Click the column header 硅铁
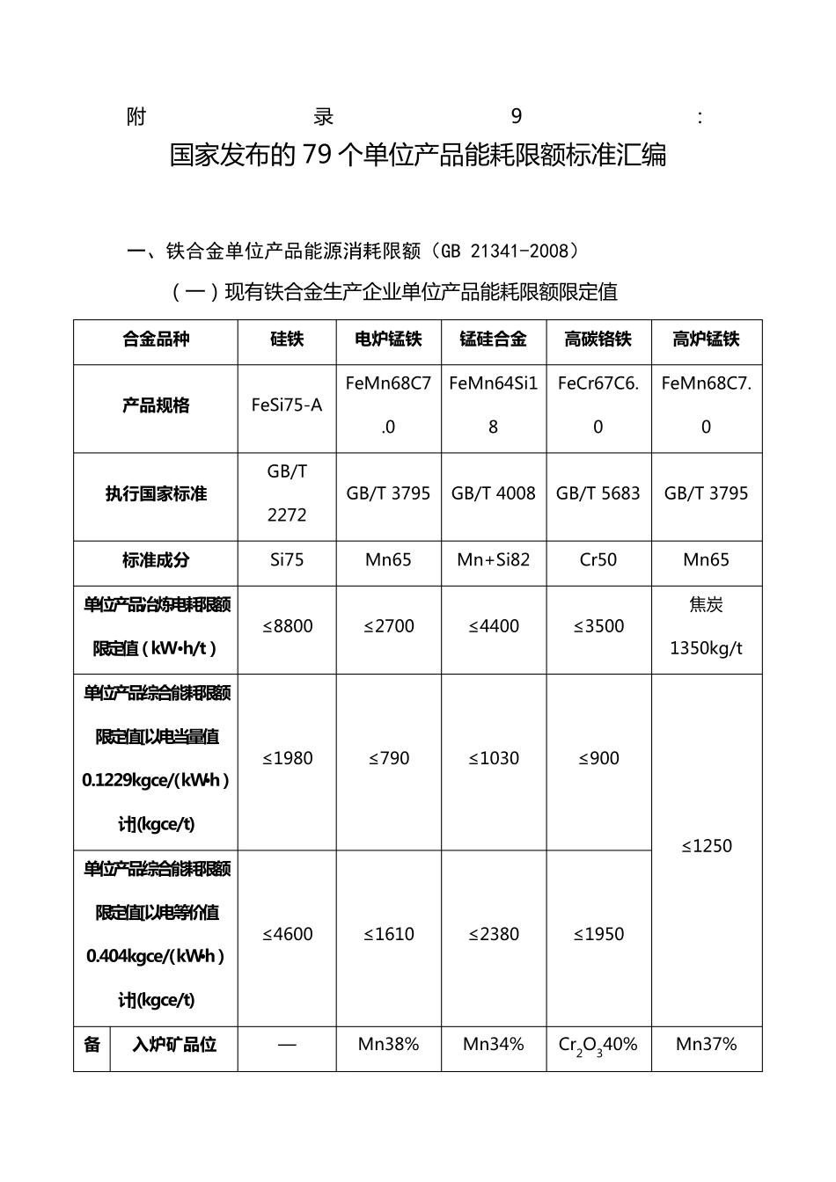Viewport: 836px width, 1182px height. point(287,339)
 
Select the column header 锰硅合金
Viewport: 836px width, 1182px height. point(493,339)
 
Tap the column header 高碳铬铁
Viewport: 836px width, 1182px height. point(598,339)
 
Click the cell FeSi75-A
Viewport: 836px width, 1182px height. point(287,405)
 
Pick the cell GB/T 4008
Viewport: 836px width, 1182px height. point(493,493)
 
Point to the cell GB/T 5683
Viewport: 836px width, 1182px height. point(598,493)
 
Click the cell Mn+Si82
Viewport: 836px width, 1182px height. point(493,560)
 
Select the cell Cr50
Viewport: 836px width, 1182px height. point(598,560)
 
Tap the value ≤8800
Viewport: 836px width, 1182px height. point(287,626)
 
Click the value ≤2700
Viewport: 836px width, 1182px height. point(388,626)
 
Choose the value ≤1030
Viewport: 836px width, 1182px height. point(493,758)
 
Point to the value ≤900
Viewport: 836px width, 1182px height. point(598,758)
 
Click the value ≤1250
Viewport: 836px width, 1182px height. point(707,846)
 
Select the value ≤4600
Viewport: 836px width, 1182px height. point(287,934)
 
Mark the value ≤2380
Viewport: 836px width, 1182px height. point(493,934)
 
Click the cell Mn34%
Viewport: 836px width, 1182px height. point(493,1045)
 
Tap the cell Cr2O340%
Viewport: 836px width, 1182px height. point(598,1046)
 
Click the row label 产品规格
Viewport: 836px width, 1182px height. point(156,405)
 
